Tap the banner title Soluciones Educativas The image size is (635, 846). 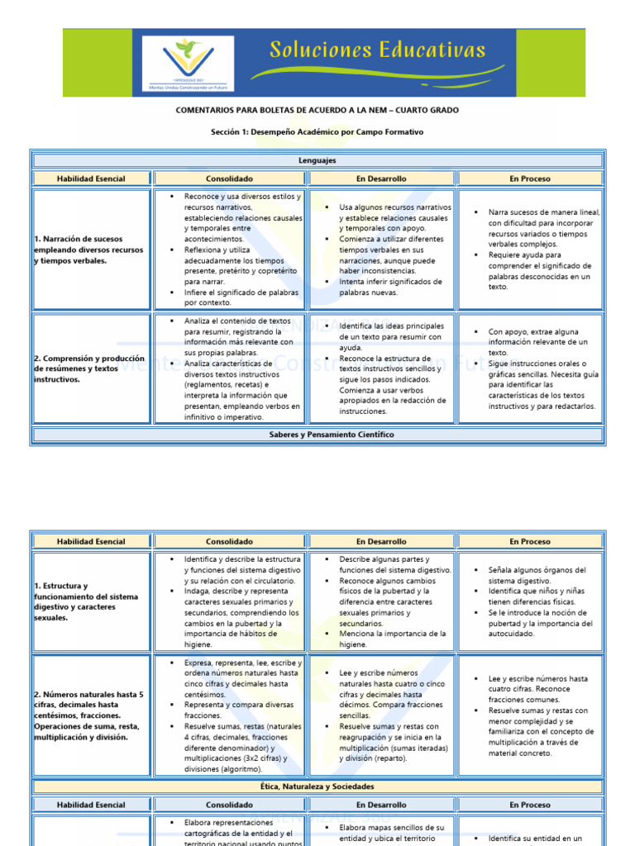pyautogui.click(x=378, y=51)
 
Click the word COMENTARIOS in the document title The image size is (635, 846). pyautogui.click(x=211, y=110)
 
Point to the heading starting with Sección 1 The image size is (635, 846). pyautogui.click(x=317, y=131)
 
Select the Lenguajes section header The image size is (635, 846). pyautogui.click(x=317, y=160)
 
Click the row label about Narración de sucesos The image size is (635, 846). pyautogui.click(x=89, y=250)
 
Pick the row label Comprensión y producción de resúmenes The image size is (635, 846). pyautogui.click(x=89, y=368)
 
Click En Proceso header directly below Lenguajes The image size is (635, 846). pyautogui.click(x=530, y=178)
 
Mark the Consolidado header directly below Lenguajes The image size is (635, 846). pyautogui.click(x=229, y=178)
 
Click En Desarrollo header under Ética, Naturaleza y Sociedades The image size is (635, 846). pyautogui.click(x=381, y=805)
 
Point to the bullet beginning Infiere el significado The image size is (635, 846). pyautogui.click(x=238, y=297)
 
